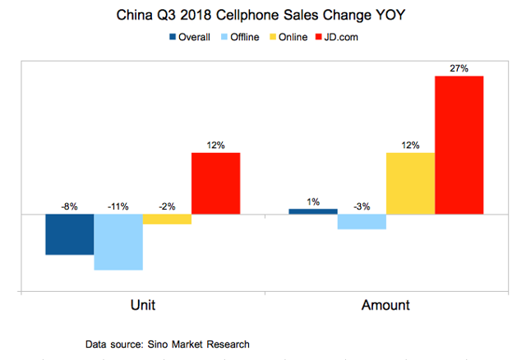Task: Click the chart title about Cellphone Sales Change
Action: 263,16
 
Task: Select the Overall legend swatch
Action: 173,37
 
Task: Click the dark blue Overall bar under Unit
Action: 69,234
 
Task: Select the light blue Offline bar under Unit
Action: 118,242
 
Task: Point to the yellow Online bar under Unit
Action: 167,219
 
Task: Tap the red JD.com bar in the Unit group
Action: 215,183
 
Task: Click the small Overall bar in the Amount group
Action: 313,211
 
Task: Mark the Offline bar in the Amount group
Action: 362,221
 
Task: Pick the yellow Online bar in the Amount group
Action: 410,183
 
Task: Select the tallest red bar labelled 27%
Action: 459,145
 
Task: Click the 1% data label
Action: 313,201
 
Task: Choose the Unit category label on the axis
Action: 143,306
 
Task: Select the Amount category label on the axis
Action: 385,306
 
